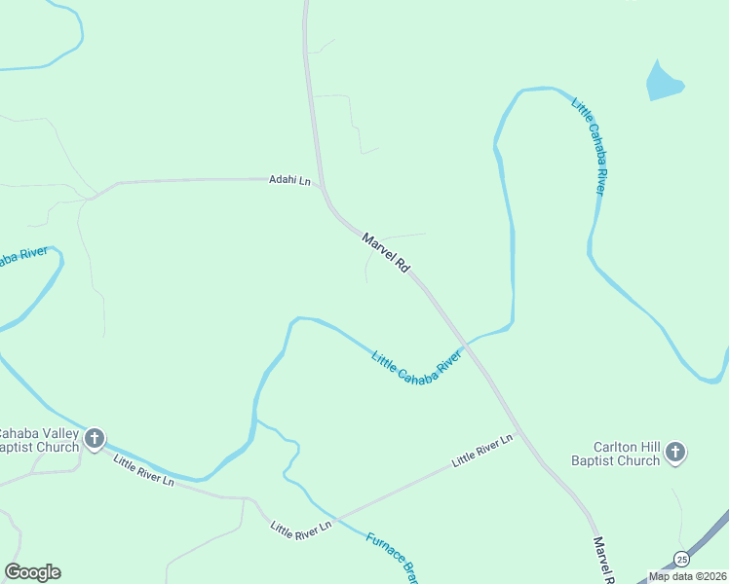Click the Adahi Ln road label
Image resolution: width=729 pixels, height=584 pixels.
[x=289, y=180]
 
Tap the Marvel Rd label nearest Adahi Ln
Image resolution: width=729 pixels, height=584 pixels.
[x=385, y=252]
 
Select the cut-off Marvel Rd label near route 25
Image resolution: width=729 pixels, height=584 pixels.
[x=601, y=559]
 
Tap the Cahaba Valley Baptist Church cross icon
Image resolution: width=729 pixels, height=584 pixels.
[x=95, y=439]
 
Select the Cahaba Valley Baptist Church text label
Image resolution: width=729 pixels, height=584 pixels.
[x=39, y=440]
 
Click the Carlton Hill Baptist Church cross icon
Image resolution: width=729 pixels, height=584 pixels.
[x=676, y=453]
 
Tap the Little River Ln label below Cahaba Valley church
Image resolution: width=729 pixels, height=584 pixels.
[x=142, y=470]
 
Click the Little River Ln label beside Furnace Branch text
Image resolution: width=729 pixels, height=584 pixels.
[x=300, y=528]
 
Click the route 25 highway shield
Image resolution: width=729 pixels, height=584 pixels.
[x=681, y=559]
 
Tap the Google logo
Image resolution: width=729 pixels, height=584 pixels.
[x=32, y=571]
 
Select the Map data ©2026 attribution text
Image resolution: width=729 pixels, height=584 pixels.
[x=686, y=576]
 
